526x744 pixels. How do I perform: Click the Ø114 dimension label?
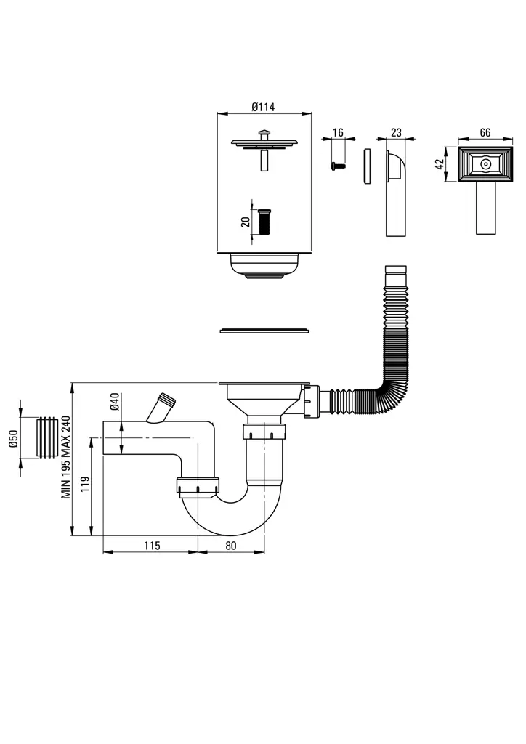coord(263,107)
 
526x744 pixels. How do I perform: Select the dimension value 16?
coord(337,132)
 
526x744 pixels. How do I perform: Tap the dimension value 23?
coord(396,132)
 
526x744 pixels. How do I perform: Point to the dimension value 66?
coord(485,132)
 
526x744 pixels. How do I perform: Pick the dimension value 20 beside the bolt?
coord(246,221)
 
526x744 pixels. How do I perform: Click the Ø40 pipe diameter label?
coord(115,401)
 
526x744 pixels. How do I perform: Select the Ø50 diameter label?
coord(13,438)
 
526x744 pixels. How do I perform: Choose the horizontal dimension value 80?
coord(231,545)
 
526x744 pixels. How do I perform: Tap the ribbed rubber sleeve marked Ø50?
coord(49,438)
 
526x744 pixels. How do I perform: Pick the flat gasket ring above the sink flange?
coord(264,331)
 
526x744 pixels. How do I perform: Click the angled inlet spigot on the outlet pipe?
coord(161,408)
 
